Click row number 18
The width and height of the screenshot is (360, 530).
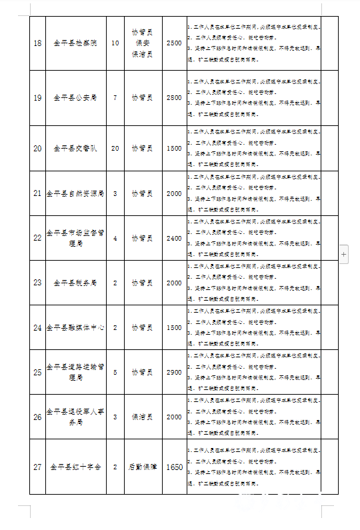37,43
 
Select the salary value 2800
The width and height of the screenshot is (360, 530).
173,98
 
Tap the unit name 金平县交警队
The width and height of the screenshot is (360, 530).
75,148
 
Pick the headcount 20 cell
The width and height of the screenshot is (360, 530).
115,148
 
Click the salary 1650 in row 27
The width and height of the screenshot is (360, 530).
173,468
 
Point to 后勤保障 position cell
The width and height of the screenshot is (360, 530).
142,468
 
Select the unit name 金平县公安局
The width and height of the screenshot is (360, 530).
75,98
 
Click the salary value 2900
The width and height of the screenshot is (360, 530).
173,372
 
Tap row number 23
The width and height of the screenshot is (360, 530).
37,283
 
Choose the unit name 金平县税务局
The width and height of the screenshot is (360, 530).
75,283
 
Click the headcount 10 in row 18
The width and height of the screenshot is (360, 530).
115,43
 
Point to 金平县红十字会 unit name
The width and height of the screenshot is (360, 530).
75,468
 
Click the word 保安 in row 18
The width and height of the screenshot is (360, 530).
142,43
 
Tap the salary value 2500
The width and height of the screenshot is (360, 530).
173,43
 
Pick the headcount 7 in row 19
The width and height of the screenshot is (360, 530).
115,98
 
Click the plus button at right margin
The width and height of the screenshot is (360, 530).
344,255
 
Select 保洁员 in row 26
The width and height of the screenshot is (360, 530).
142,417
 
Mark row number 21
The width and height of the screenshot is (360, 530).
37,193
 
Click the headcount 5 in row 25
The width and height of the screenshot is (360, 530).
115,372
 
